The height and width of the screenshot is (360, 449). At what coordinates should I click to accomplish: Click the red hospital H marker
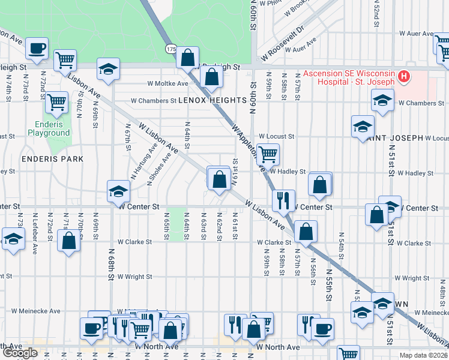(x=404, y=77)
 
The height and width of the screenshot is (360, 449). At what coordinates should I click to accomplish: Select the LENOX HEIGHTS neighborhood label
(x=203, y=101)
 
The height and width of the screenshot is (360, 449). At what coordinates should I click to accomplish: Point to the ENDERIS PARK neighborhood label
(x=52, y=159)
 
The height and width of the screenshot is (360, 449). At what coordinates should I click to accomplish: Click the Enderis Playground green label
(x=49, y=128)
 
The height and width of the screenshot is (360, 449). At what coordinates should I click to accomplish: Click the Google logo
(x=20, y=352)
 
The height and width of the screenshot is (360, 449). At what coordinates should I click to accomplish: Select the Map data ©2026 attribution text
(x=424, y=355)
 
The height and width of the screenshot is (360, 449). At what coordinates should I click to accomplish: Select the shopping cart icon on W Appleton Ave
(x=268, y=154)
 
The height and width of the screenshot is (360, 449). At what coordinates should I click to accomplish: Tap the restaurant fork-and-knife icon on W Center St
(x=283, y=199)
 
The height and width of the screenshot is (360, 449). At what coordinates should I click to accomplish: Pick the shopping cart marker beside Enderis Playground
(x=56, y=101)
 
